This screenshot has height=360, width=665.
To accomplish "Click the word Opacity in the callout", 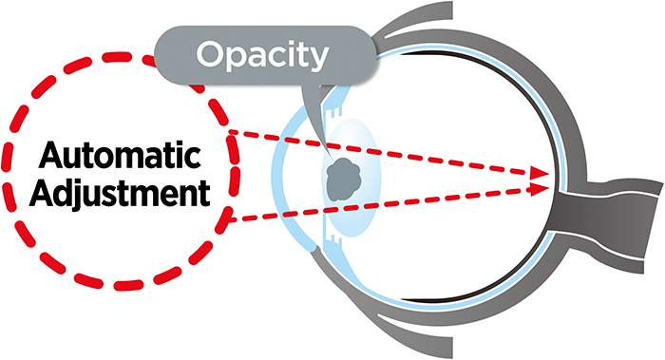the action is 262,56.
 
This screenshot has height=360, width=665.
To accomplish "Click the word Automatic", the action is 120,155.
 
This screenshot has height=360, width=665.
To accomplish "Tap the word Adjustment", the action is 120,193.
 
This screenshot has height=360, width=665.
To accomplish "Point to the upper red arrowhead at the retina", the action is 540,173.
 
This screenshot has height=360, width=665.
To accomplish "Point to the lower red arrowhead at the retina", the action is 540,188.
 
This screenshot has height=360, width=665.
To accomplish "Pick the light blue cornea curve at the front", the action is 283,178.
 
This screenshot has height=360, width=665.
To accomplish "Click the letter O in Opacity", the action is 211,55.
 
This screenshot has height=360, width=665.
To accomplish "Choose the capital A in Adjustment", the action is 44,193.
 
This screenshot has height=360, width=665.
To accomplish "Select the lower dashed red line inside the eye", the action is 386,203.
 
